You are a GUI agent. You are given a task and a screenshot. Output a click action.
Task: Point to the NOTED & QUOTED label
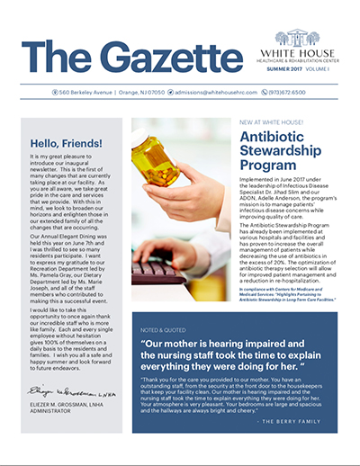click(x=161, y=294)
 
